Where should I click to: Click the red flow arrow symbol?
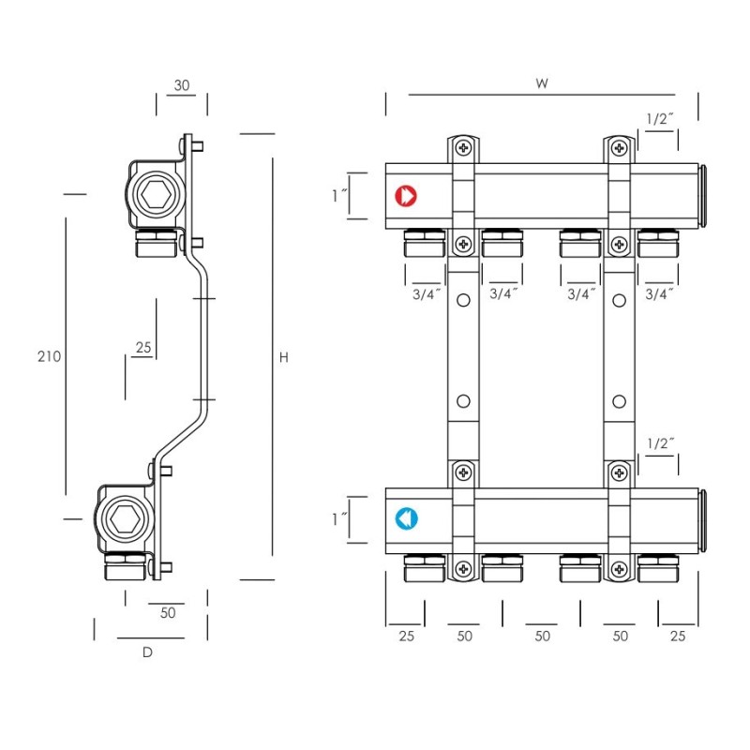click(406, 196)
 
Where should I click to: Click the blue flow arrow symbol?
click(406, 518)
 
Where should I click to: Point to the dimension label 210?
click(50, 356)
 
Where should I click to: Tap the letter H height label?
click(284, 357)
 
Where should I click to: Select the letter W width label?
click(542, 83)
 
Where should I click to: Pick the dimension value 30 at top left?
click(182, 85)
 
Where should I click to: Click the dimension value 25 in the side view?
click(142, 348)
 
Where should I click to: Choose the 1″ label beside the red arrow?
click(339, 196)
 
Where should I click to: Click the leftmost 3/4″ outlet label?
click(425, 293)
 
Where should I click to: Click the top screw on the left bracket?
click(463, 147)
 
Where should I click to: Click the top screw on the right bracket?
click(620, 147)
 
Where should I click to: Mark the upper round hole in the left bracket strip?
click(463, 301)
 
